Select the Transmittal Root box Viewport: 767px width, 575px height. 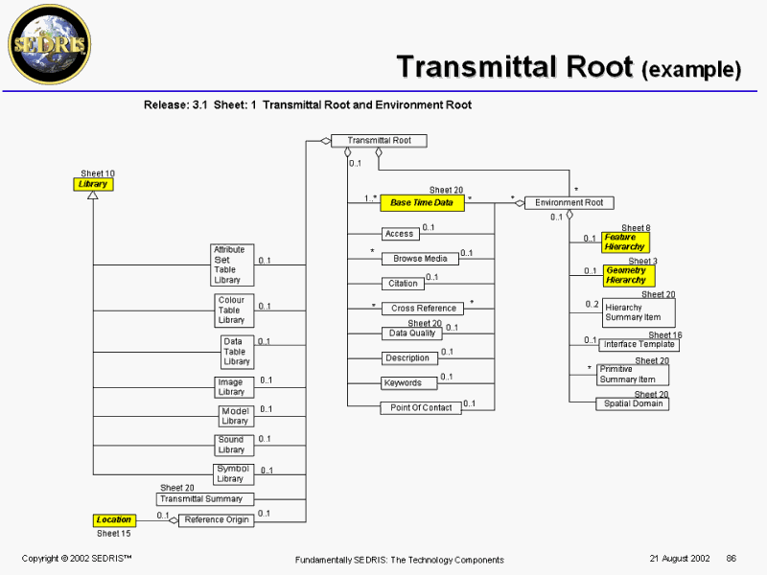pyautogui.click(x=379, y=141)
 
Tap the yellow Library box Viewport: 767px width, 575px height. pyautogui.click(x=93, y=184)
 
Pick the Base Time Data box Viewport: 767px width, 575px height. pyautogui.click(x=422, y=203)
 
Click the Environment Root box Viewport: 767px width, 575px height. pyautogui.click(x=569, y=203)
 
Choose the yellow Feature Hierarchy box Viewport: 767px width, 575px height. pyautogui.click(x=625, y=242)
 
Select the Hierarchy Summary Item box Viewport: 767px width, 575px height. pyautogui.click(x=639, y=312)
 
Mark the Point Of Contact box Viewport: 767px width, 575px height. pyautogui.click(x=421, y=408)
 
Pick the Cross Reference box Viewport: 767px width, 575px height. pyautogui.click(x=423, y=309)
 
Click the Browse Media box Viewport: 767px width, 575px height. pyautogui.click(x=420, y=259)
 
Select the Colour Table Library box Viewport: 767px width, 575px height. pyautogui.click(x=233, y=310)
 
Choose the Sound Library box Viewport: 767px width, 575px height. pyautogui.click(x=231, y=445)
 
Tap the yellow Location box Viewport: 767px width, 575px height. pyautogui.click(x=113, y=520)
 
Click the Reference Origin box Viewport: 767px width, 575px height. pyautogui.click(x=217, y=520)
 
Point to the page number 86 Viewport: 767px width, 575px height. pyautogui.click(x=731, y=559)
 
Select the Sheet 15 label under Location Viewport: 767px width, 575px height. pyautogui.click(x=113, y=534)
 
